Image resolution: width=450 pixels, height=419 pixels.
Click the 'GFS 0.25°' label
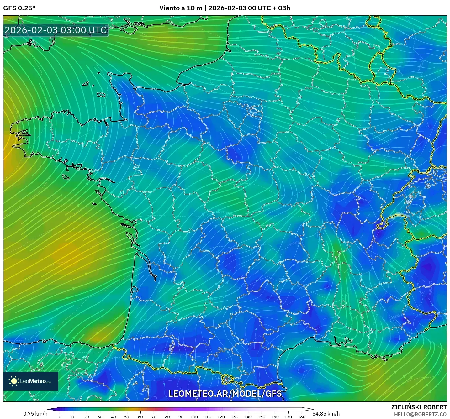19,8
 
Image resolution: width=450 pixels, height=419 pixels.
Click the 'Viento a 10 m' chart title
181,8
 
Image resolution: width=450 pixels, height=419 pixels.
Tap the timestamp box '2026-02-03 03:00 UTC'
56,30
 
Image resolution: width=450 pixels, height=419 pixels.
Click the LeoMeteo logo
31,381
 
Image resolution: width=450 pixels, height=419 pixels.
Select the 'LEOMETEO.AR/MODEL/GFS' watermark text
225,394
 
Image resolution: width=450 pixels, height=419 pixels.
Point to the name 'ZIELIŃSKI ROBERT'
419,407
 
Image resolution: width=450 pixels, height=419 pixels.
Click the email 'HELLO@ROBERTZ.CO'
420,414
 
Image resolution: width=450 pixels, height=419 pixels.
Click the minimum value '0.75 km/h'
35,414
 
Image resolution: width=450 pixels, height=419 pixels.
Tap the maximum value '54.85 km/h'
326,414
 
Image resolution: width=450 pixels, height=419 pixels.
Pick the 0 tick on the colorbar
60,417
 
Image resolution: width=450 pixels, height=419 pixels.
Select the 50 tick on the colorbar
127,417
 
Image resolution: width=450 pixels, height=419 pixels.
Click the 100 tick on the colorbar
194,417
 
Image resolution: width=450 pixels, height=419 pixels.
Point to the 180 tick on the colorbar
301,417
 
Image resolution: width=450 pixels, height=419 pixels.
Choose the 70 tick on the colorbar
154,417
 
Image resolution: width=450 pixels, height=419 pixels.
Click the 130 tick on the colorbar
234,417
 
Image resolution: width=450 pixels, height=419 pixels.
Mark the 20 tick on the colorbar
87,417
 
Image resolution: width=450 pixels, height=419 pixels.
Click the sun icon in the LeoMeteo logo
14,381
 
